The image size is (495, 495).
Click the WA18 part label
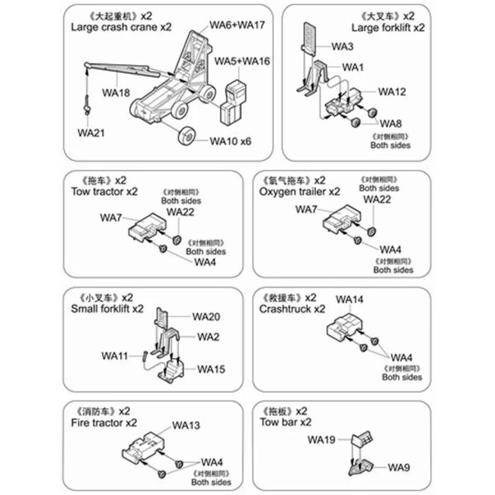pos(116,93)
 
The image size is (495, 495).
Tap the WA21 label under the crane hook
pos(90,132)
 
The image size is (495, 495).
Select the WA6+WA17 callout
pos(237,25)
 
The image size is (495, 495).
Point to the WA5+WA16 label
pos(242,61)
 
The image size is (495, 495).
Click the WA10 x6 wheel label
pos(231,141)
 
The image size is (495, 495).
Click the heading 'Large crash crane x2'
pos(121,27)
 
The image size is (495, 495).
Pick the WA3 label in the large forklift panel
pos(342,46)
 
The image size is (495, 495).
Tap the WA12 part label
pos(392,92)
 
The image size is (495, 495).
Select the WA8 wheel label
pos(390,123)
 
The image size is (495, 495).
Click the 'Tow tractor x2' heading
pos(99,192)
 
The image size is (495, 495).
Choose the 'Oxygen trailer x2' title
pos(300,192)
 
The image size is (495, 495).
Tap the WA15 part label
pos(211,369)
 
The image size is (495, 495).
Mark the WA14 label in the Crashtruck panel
pos(350,299)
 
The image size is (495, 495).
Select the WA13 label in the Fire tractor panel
pos(186,425)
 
